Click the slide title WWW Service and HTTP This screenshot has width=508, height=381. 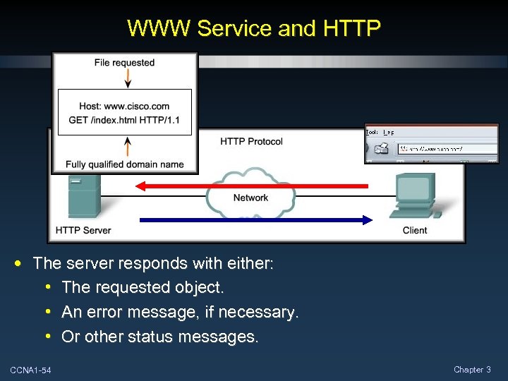click(254, 28)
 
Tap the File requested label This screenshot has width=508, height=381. click(124, 63)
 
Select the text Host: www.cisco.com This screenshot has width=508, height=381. click(124, 107)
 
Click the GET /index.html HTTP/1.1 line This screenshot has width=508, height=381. click(124, 120)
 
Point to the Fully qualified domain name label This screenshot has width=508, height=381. click(124, 164)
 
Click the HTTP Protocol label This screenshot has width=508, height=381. click(251, 141)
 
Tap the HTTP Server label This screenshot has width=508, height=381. click(83, 230)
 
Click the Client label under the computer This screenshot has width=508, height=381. click(415, 230)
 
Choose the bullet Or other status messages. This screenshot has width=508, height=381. click(160, 337)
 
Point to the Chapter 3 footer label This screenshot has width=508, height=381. click(472, 370)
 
